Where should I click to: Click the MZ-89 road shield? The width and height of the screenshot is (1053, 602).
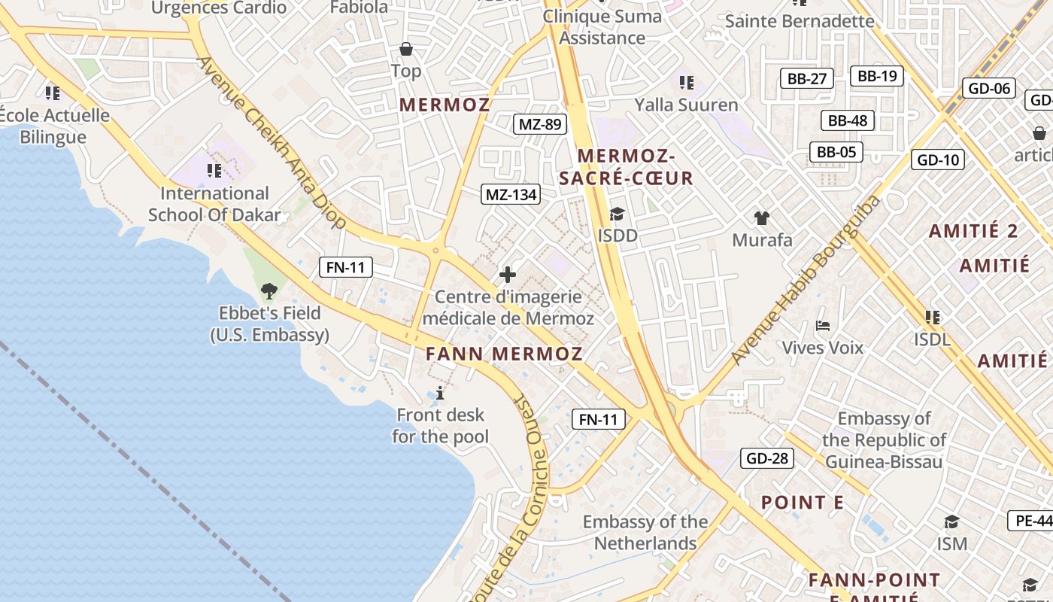coord(540,124)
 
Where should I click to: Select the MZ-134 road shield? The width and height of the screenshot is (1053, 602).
coord(511,195)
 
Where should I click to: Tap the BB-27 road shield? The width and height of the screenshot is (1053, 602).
coord(807,78)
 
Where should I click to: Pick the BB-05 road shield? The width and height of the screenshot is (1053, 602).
coord(836,152)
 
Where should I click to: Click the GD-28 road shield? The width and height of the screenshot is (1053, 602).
coord(767,458)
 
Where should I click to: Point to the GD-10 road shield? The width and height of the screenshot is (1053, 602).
coord(939,160)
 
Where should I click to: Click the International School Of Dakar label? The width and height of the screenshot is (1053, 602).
coord(214,204)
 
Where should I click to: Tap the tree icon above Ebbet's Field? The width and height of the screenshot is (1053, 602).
coord(269,290)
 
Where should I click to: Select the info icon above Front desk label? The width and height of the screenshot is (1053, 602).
coord(440,393)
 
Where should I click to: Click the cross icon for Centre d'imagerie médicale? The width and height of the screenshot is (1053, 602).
coord(508,275)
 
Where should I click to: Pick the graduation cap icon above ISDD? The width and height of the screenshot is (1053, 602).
coord(617,214)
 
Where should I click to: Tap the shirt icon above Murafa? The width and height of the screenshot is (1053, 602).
coord(762,218)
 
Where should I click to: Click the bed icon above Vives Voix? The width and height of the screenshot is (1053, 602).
coord(823,326)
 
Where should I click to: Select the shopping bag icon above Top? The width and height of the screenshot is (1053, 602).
coord(406,50)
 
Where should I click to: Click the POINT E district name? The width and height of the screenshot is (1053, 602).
coord(803,503)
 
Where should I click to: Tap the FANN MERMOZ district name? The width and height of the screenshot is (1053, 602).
coord(504,354)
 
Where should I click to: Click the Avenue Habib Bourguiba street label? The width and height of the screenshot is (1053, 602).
coord(806,280)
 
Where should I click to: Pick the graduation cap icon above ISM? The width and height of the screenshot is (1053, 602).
coord(951,521)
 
